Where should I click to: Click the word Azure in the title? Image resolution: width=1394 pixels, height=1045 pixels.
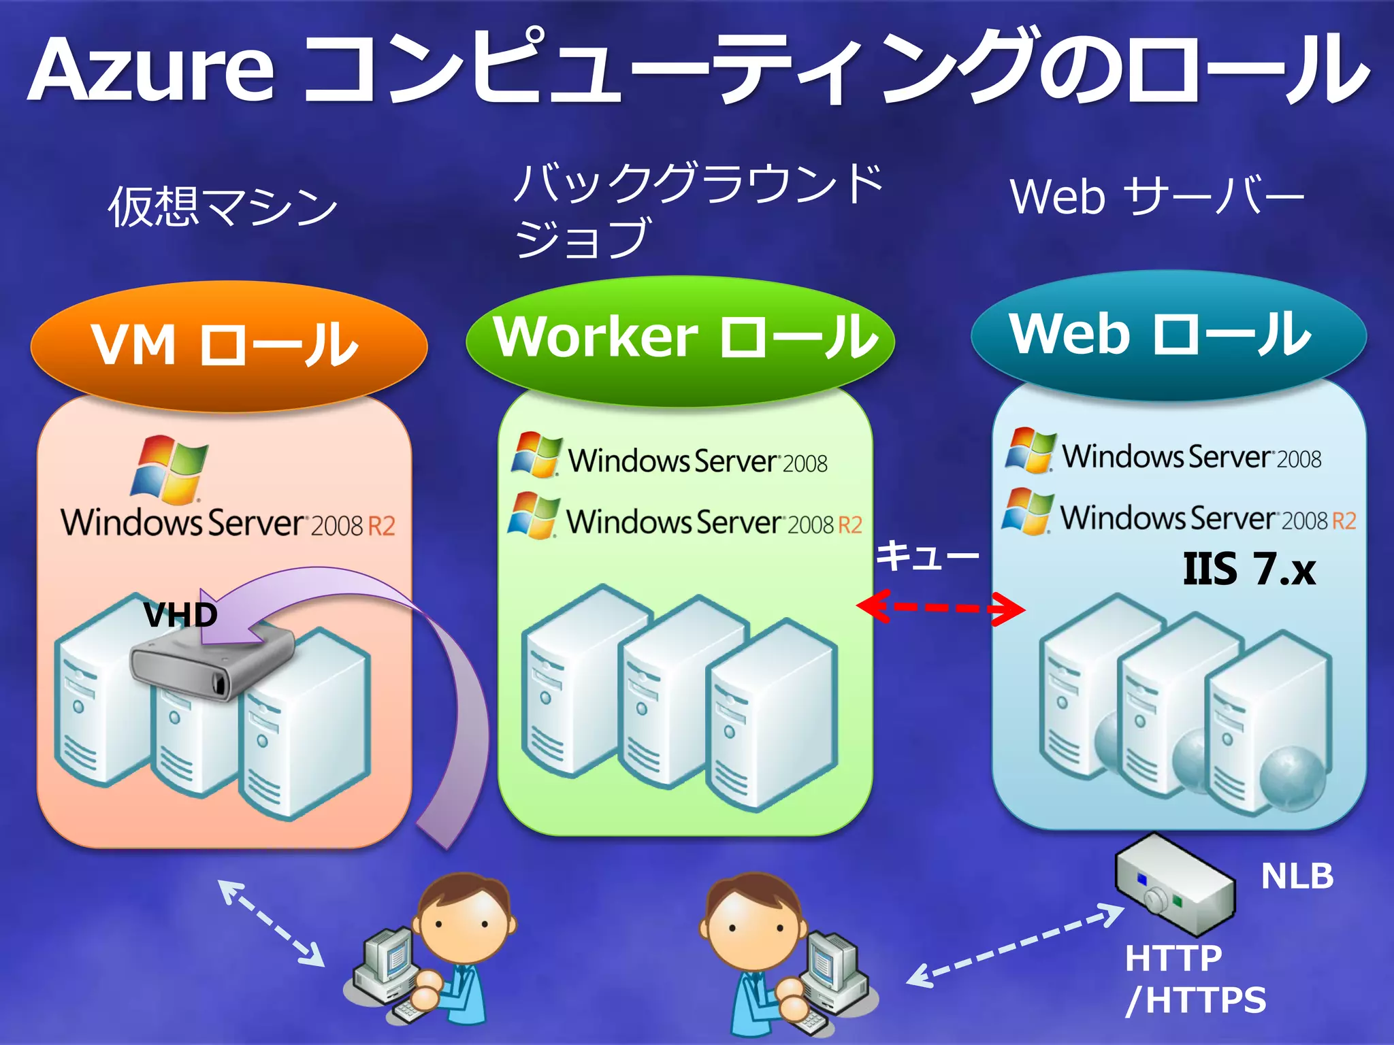point(151,70)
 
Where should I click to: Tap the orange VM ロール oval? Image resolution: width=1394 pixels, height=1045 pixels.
point(228,346)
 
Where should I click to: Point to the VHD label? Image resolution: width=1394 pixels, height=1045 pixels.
point(180,616)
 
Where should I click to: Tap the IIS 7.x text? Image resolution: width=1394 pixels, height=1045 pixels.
point(1249,569)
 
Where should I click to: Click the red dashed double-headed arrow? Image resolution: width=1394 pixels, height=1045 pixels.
point(941,607)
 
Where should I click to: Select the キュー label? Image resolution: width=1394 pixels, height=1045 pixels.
point(926,557)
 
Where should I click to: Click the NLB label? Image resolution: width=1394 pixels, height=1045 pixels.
point(1297,876)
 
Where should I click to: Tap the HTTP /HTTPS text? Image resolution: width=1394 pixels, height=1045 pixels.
point(1195,980)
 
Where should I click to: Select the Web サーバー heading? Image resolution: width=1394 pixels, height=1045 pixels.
point(1156,197)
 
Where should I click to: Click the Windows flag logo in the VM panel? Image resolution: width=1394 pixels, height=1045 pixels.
point(170,469)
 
